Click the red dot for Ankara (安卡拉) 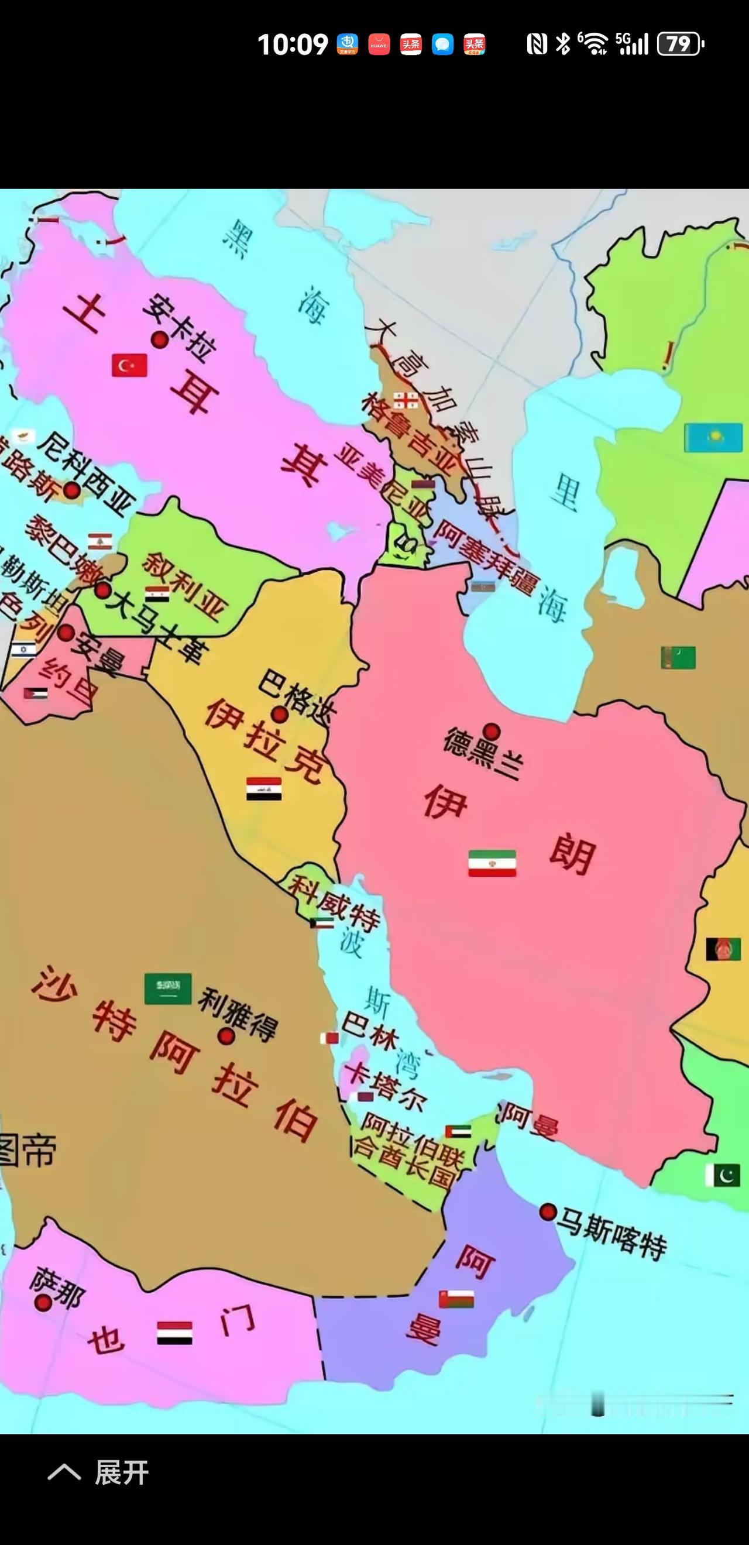[x=159, y=340]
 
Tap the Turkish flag [x=129, y=365]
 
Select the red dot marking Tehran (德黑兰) [x=492, y=731]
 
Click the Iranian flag [x=492, y=863]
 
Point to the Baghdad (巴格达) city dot [x=279, y=714]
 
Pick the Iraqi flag [x=264, y=789]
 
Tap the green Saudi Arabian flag [x=168, y=988]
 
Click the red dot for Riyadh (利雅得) [x=226, y=1036]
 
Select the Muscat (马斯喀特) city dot [x=547, y=1212]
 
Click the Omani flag [x=456, y=1299]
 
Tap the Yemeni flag [x=174, y=1333]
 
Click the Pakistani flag [x=723, y=1175]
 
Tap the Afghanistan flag [x=723, y=949]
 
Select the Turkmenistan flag [x=678, y=657]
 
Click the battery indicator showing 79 [x=681, y=44]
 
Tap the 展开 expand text [x=122, y=1472]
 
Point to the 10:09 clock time [x=293, y=44]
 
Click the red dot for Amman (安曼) [x=66, y=633]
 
